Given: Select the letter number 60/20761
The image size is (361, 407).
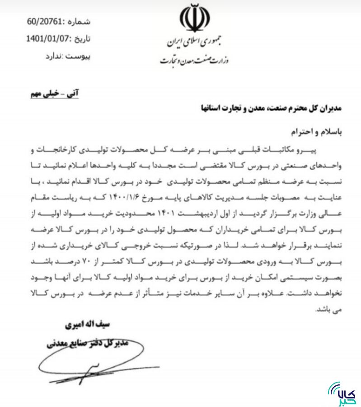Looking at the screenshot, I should [47, 22].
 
